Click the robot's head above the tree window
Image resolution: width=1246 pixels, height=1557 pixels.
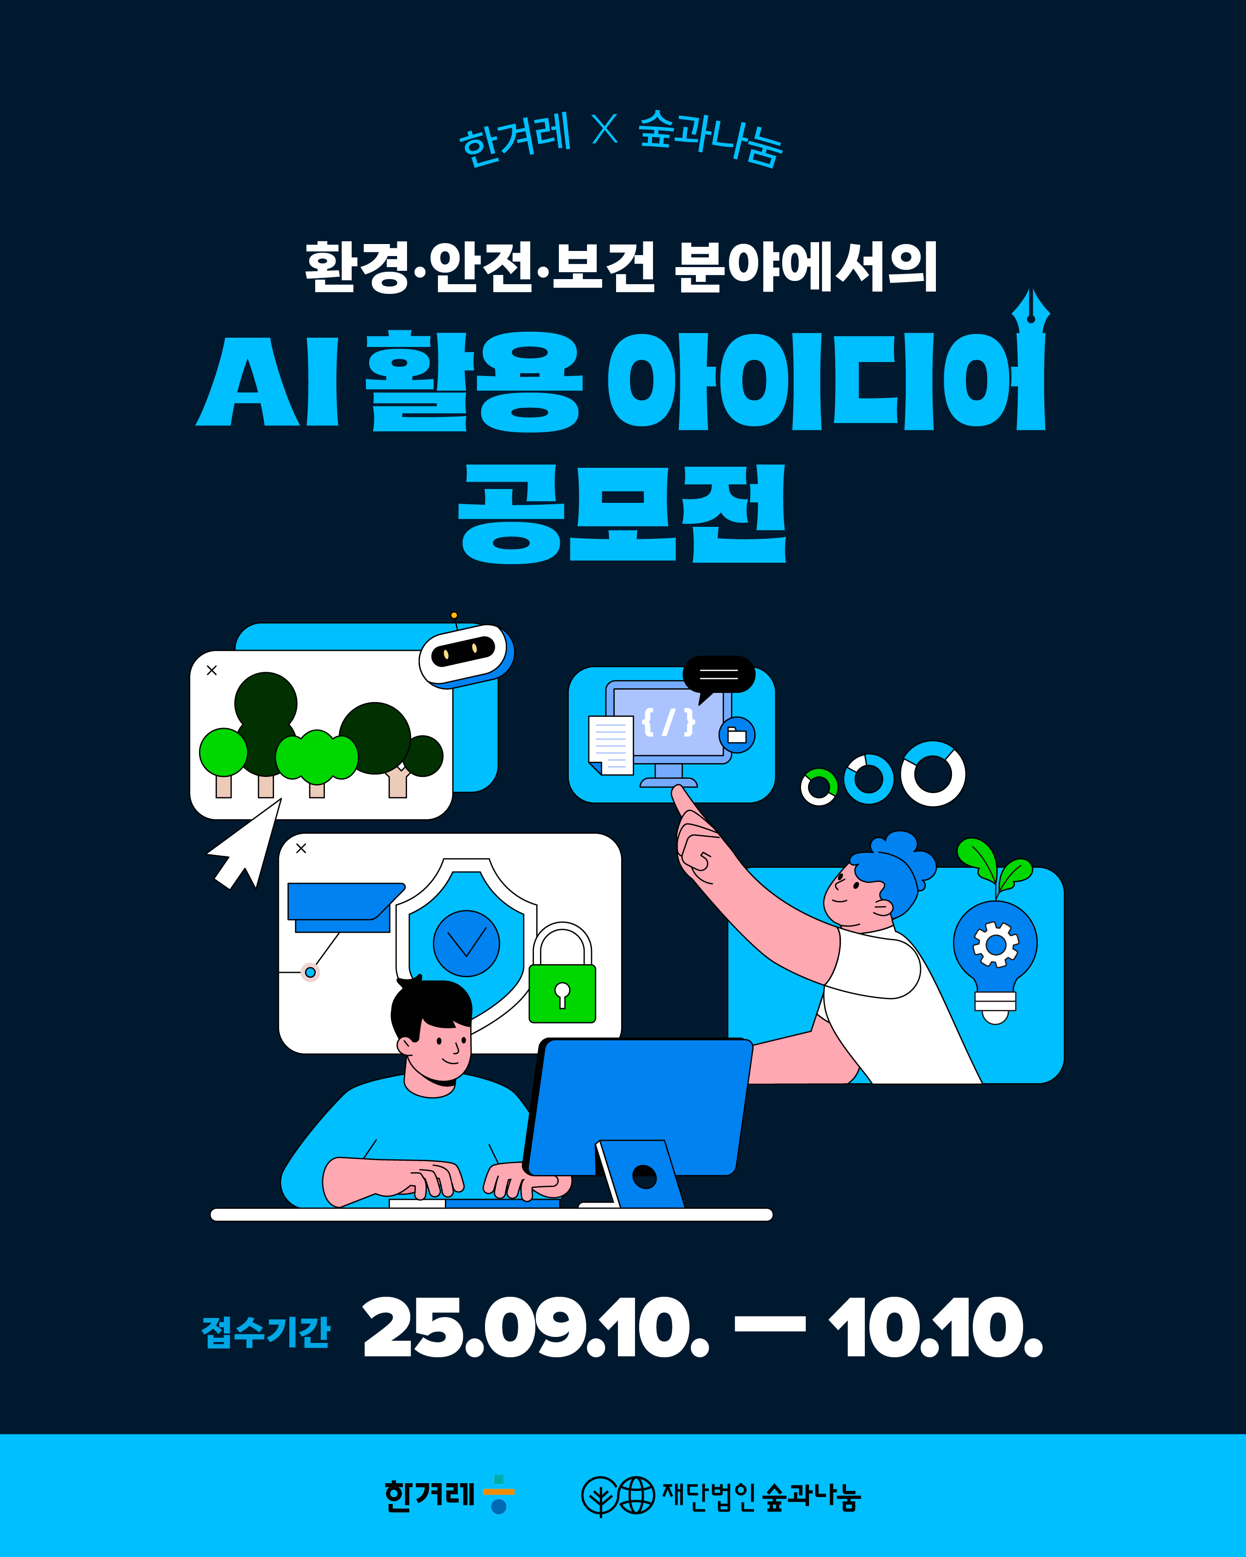[467, 654]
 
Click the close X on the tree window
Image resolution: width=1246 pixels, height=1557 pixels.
[212, 670]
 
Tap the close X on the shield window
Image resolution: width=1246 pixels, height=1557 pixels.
[301, 848]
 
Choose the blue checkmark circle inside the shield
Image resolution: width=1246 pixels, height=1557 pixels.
[466, 943]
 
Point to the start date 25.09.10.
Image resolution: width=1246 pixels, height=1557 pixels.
[536, 1327]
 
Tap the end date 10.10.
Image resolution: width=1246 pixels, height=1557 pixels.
[936, 1327]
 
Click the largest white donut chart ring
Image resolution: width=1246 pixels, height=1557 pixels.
[933, 774]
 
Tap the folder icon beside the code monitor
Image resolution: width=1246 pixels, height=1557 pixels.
[737, 735]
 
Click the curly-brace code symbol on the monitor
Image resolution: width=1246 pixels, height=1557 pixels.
[669, 722]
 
